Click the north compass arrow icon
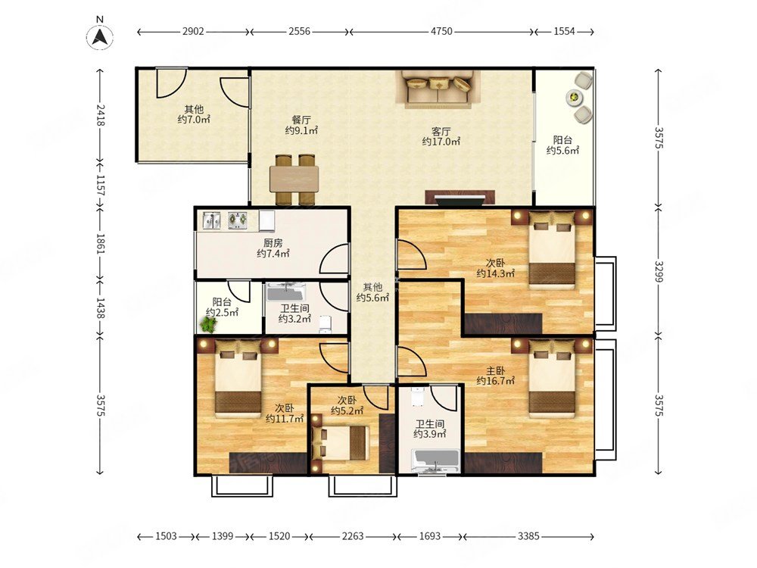[99, 36]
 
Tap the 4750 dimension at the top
[442, 31]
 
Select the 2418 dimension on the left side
[100, 115]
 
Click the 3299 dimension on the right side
[659, 271]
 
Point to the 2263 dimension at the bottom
[353, 536]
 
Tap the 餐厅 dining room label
[301, 120]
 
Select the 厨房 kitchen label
[273, 243]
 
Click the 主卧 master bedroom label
[495, 370]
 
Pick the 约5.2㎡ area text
[347, 411]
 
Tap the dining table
[294, 179]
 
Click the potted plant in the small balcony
[209, 325]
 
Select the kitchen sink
[211, 220]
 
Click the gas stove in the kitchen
[238, 220]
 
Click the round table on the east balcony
[575, 98]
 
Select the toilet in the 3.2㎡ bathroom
[326, 323]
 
